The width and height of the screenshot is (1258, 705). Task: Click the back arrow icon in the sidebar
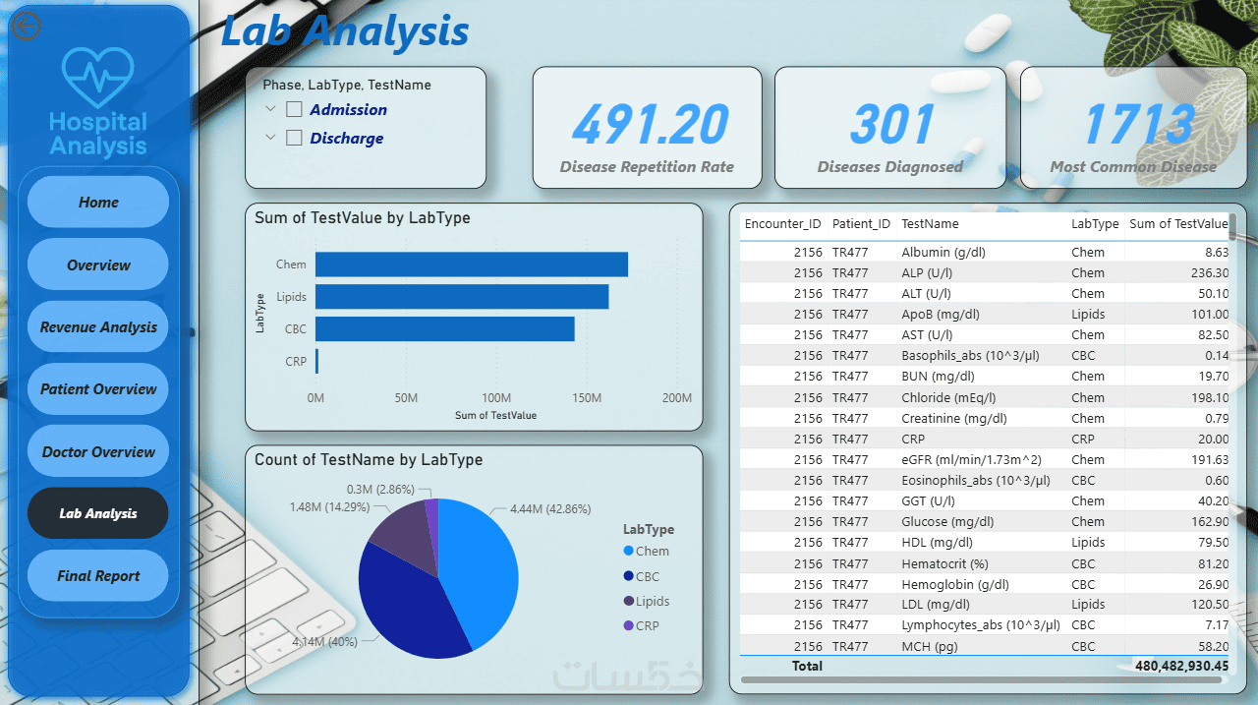click(x=26, y=26)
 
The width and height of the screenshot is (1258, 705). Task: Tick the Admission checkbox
click(x=294, y=109)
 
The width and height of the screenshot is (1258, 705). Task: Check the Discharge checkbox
click(x=294, y=138)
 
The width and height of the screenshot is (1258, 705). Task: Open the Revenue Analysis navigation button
click(x=98, y=327)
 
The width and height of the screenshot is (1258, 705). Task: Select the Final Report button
click(x=98, y=576)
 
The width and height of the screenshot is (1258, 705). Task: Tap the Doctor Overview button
click(x=98, y=451)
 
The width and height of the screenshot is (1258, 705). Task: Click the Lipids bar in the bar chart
click(x=462, y=297)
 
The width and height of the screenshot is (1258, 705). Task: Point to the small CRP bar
click(x=316, y=361)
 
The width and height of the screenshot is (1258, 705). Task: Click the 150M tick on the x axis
click(x=587, y=397)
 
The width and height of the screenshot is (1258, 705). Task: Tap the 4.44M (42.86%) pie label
click(x=550, y=509)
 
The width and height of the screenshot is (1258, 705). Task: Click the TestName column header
click(x=930, y=223)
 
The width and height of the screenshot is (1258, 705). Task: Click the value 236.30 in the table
click(x=1210, y=273)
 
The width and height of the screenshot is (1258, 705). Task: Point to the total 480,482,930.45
click(x=1181, y=667)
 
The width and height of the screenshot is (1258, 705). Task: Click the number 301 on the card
click(x=891, y=124)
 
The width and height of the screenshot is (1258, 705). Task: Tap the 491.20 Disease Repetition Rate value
click(x=650, y=124)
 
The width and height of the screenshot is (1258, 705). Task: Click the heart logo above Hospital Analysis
click(x=97, y=77)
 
